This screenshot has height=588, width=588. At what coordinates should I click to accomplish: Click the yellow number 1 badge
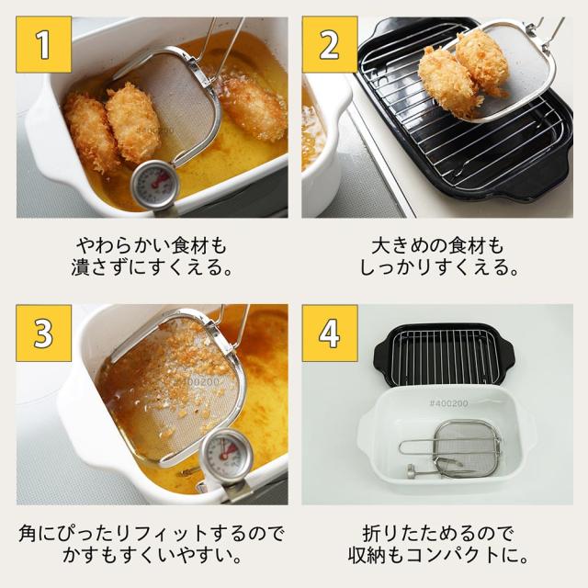(43, 43)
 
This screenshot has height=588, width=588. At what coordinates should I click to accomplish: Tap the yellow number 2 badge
(329, 43)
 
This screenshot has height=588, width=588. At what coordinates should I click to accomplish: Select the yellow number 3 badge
(43, 332)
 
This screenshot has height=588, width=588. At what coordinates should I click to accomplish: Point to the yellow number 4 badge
(329, 332)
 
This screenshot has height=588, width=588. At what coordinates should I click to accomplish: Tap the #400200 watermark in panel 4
(448, 402)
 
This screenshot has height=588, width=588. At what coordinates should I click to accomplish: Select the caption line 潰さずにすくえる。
(149, 270)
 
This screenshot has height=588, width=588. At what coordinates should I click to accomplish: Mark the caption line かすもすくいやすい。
(151, 557)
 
